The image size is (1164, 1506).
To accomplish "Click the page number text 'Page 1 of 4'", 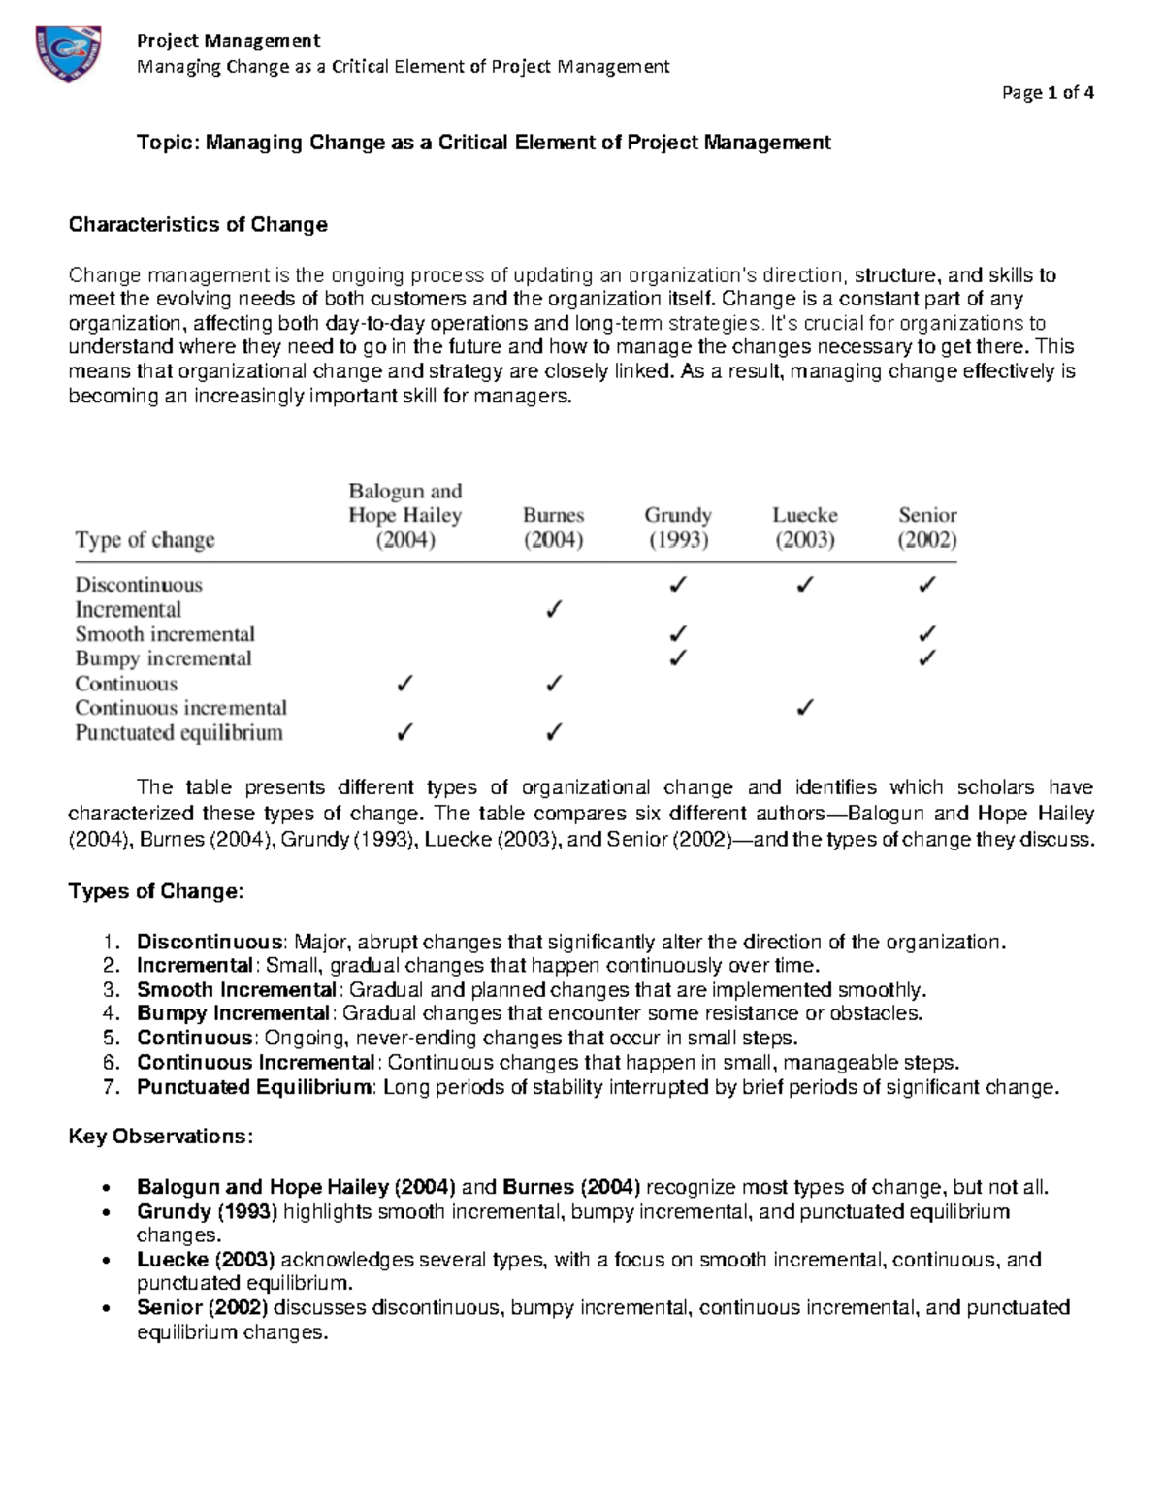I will point(1049,93).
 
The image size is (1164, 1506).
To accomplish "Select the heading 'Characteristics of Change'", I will point(198,225).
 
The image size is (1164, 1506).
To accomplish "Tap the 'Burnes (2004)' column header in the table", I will point(553,528).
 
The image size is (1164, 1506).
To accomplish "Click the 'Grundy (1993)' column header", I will point(678,528).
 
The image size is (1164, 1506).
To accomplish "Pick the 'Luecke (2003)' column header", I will point(804,528).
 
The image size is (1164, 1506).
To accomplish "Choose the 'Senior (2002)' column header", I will point(927,528).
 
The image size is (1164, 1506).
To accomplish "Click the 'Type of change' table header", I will point(145,540).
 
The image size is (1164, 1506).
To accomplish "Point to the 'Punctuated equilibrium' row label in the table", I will point(179,733).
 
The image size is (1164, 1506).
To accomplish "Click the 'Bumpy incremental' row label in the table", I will point(163,659).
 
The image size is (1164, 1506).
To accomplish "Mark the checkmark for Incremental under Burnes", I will point(553,610).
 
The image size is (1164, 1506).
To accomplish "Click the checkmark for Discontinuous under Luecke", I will point(804,585).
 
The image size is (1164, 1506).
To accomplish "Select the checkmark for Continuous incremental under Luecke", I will point(804,708).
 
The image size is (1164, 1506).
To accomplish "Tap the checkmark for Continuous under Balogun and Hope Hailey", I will point(404,684).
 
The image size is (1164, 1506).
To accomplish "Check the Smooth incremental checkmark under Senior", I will point(927,634).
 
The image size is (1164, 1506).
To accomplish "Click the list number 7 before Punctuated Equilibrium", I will point(111,1087).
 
